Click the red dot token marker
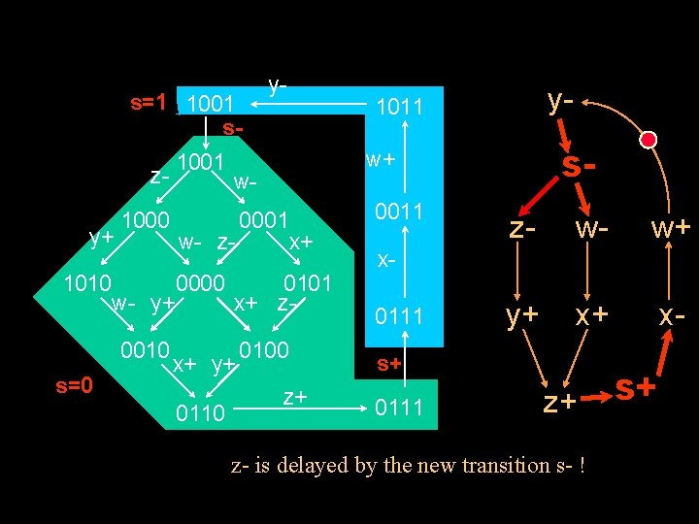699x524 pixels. [649, 140]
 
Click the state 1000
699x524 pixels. [147, 220]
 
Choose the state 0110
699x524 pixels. [201, 414]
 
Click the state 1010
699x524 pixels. [86, 283]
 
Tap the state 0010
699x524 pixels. [145, 348]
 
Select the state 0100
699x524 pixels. [264, 349]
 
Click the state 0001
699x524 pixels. [263, 220]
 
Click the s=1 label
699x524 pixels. [150, 102]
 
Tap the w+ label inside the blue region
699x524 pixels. [380, 158]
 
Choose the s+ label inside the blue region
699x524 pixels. [389, 363]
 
